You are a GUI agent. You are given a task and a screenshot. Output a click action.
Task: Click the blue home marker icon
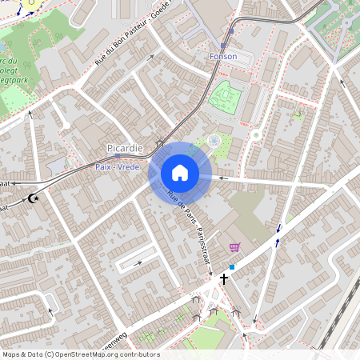click(x=179, y=173)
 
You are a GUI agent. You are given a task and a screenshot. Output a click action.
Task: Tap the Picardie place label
click(x=124, y=149)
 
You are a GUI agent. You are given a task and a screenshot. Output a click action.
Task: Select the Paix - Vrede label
click(x=118, y=166)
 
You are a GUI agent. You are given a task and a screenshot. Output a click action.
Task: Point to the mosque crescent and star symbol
click(x=34, y=198)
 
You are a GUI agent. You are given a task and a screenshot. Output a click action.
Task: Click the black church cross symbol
click(x=224, y=278)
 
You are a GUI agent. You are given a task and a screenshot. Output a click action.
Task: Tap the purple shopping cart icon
click(x=234, y=247)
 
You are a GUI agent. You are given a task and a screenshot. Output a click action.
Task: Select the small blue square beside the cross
click(x=232, y=267)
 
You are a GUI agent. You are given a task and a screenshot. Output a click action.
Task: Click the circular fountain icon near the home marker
click(x=214, y=141)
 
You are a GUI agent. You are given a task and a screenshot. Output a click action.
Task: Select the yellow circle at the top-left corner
click(x=30, y=3)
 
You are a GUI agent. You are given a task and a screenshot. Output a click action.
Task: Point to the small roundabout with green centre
click(x=257, y=135)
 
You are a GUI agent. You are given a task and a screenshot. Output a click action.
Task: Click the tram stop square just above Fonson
click(x=231, y=32)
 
